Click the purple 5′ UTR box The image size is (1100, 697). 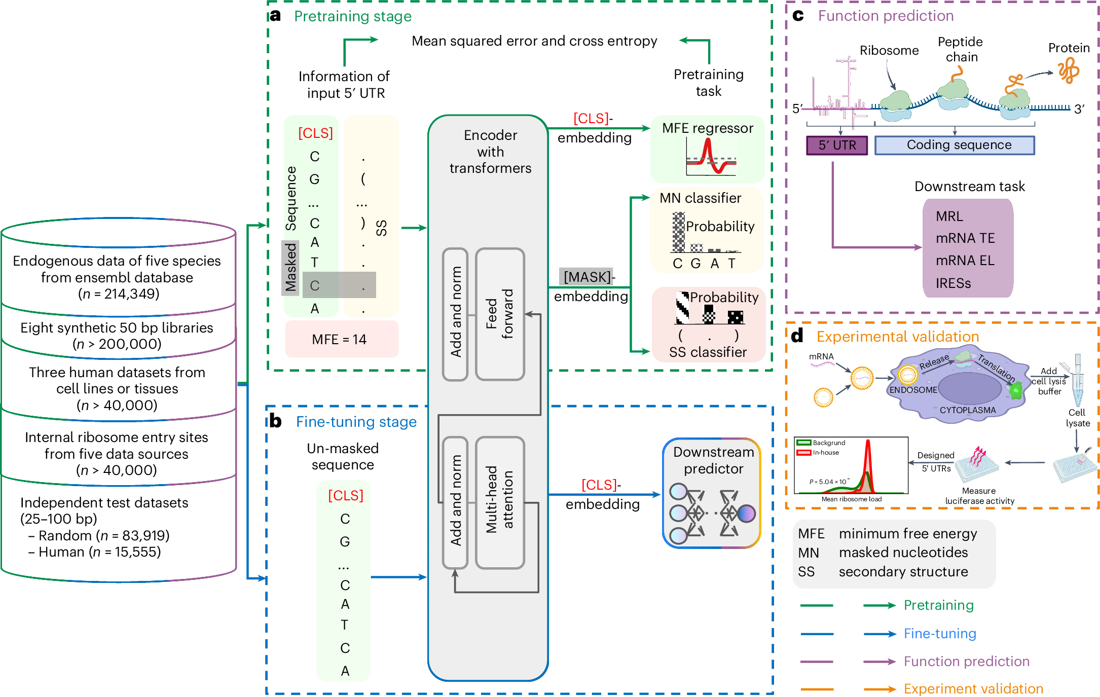(x=837, y=145)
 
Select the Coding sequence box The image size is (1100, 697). (x=955, y=145)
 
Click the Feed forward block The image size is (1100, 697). (x=500, y=314)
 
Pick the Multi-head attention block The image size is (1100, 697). (x=500, y=502)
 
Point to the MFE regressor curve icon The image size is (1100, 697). (x=711, y=157)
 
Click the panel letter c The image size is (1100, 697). (x=798, y=16)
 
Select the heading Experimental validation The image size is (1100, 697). (x=897, y=337)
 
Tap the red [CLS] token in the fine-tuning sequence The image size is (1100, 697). (x=346, y=495)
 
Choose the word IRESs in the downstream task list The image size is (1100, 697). (x=954, y=283)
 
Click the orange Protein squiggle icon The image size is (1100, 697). (x=1069, y=70)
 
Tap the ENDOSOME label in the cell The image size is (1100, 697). (x=913, y=390)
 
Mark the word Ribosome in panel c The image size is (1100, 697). (x=889, y=51)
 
